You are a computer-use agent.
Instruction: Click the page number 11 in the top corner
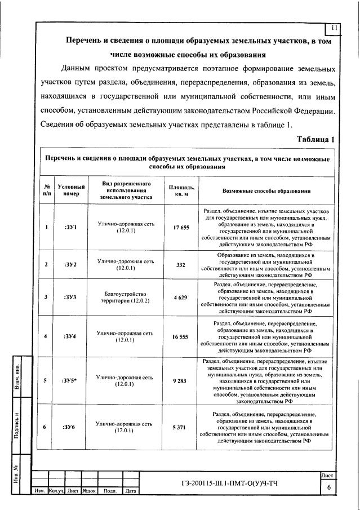(x=334, y=28)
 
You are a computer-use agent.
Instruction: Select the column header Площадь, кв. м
(x=181, y=191)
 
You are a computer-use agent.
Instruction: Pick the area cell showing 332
(x=181, y=264)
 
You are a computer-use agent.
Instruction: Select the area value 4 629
(x=181, y=297)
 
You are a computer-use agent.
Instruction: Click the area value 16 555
(x=181, y=336)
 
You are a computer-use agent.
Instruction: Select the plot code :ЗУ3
(x=70, y=297)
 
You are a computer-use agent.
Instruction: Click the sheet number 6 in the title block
(x=328, y=489)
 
